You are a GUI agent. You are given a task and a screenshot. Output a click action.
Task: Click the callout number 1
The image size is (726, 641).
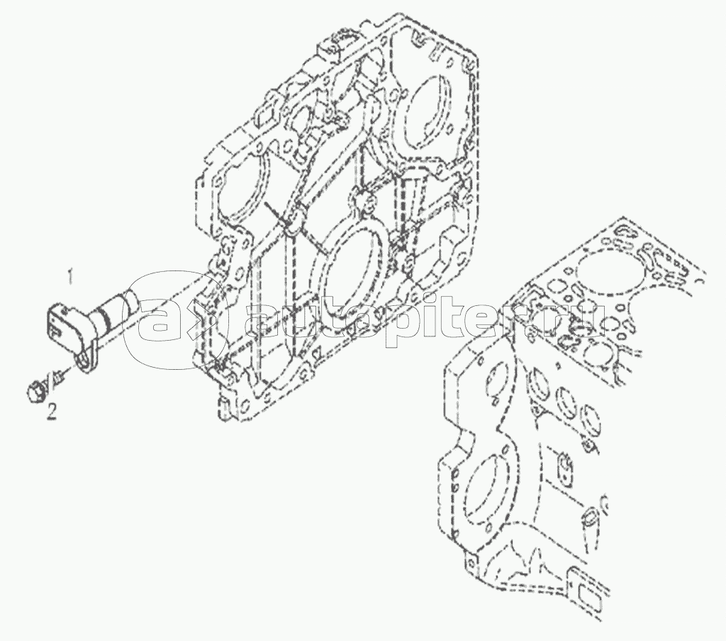pos(70,278)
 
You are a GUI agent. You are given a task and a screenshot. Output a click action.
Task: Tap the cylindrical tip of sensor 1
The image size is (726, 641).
pos(131,301)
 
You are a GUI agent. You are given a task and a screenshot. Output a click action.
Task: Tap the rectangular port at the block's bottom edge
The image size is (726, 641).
pos(590,615)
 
